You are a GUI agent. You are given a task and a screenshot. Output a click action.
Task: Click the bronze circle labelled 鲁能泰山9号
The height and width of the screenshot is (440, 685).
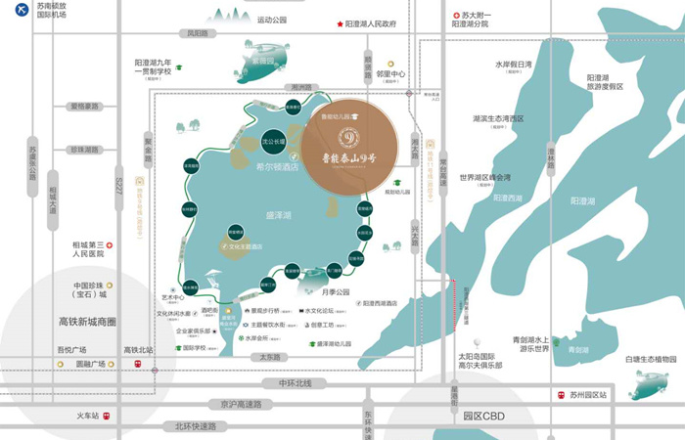click(348, 147)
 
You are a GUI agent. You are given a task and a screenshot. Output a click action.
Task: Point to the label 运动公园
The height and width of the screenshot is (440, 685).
click(272, 20)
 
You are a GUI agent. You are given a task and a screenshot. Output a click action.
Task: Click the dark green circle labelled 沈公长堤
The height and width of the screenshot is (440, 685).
click(274, 142)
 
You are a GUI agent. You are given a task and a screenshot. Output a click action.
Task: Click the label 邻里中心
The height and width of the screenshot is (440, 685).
click(391, 73)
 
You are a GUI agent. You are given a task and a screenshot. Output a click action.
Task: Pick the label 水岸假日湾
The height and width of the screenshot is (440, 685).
click(513, 65)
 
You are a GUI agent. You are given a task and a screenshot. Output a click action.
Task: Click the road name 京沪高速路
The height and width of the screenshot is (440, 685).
click(241, 404)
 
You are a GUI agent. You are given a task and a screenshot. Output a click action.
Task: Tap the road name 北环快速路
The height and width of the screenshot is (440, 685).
click(196, 425)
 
